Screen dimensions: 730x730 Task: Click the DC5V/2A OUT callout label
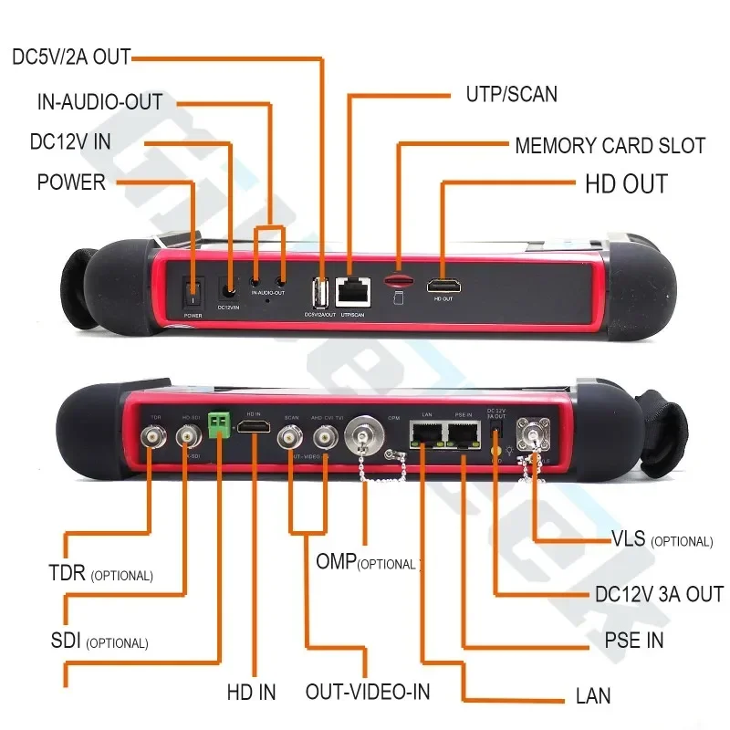click(x=71, y=57)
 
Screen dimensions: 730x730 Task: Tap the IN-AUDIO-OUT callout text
click(x=99, y=101)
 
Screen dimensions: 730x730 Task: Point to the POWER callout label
click(x=71, y=182)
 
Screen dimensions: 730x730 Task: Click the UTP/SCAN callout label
click(x=511, y=95)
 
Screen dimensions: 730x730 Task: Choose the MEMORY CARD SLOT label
click(x=610, y=146)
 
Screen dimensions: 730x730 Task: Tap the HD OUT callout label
click(x=626, y=183)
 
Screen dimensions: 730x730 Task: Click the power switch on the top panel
click(x=193, y=289)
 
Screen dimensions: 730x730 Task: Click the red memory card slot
click(x=397, y=279)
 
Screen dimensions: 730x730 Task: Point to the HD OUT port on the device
click(x=443, y=287)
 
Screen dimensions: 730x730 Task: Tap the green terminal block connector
click(x=218, y=424)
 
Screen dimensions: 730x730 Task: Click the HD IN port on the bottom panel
click(x=260, y=428)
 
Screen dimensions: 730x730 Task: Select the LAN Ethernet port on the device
click(x=424, y=435)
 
